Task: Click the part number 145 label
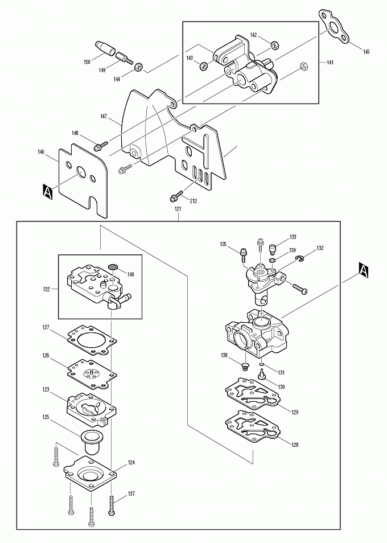tap(366, 52)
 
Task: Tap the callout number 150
tap(87, 61)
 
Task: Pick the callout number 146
tap(41, 153)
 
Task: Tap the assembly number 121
tap(178, 209)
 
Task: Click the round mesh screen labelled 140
tap(113, 266)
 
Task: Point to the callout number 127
tap(46, 328)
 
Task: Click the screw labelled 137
tap(111, 505)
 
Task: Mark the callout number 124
tap(131, 463)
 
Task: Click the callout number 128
tap(294, 445)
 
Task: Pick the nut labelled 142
tap(274, 44)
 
